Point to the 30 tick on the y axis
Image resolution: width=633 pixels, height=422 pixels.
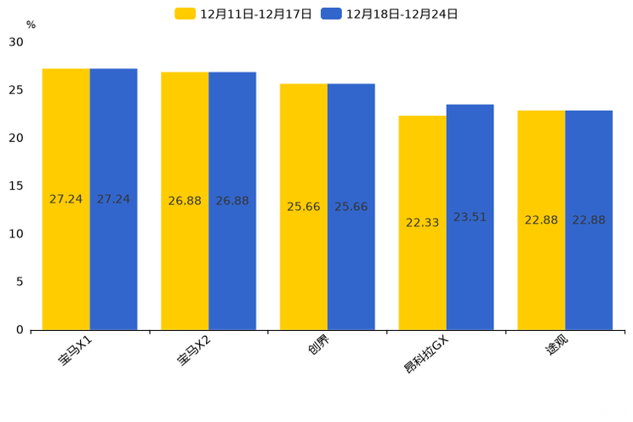[x=16, y=43]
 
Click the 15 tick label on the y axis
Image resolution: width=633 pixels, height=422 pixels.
[x=16, y=186]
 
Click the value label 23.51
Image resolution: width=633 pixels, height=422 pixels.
[x=470, y=218]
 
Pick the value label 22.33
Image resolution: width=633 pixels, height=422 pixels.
[x=422, y=223]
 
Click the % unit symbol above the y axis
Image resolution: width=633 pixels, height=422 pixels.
[x=31, y=26]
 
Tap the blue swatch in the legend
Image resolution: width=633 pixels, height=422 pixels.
[x=331, y=14]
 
